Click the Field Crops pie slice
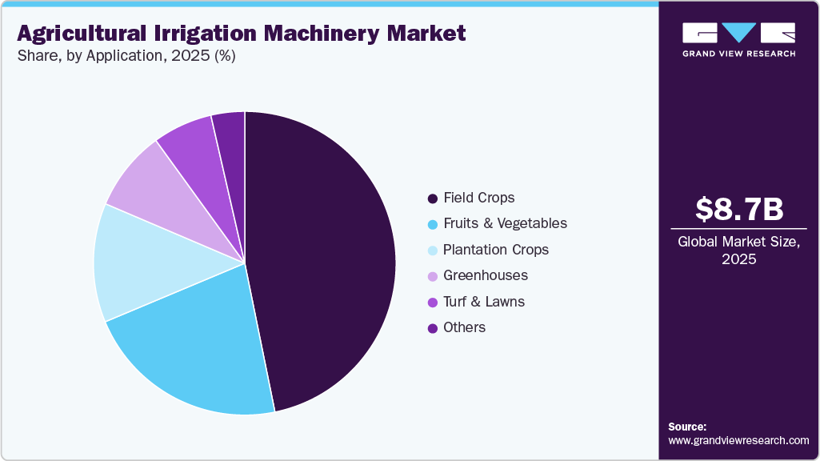[x=328, y=256]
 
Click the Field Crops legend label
[x=478, y=198]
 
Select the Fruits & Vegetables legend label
[x=505, y=223]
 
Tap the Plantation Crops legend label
[x=496, y=250]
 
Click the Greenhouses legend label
[x=486, y=275]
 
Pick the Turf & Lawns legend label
[x=484, y=302]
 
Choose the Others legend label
[x=464, y=327]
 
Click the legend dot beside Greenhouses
[x=433, y=276]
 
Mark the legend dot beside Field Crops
[x=433, y=198]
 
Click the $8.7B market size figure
[x=738, y=210]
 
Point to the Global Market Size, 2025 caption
[x=738, y=250]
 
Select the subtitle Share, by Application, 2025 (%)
[x=126, y=57]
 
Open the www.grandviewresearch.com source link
[x=738, y=440]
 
